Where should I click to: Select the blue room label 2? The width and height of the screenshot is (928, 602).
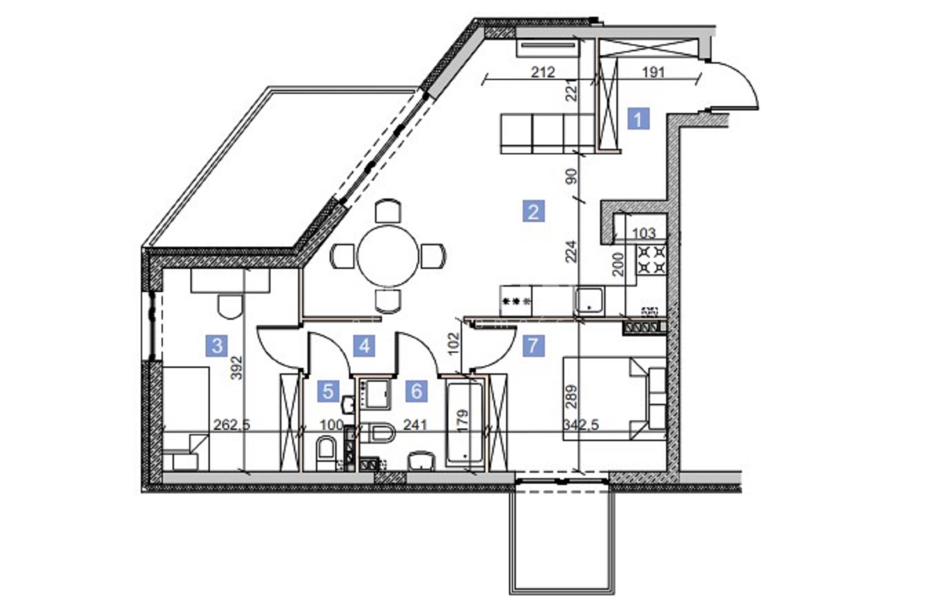pos(534,211)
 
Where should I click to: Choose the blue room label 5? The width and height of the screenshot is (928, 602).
pos(328,391)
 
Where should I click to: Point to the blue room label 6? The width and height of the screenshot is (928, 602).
pos(416,391)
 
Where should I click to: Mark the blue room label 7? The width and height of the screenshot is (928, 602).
pos(534,345)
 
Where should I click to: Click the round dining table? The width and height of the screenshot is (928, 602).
pos(388,256)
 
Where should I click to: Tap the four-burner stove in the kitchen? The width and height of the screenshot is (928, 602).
pos(652,260)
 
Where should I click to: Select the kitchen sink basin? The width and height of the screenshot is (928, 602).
pos(589,300)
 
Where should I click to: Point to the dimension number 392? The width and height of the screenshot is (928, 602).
pos(237,368)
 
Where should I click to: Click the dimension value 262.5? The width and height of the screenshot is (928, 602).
pos(231,425)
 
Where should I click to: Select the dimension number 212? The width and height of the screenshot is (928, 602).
pos(543,72)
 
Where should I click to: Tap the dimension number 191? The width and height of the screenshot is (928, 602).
pos(653,72)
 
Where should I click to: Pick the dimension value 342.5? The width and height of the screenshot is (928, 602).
pos(581,425)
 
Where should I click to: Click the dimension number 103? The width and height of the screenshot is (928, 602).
pos(644,233)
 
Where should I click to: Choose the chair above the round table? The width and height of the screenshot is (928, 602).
pos(388,212)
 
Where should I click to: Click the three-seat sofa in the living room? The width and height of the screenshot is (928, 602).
pos(548,134)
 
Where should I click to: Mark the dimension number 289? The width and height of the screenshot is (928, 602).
pos(571,397)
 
